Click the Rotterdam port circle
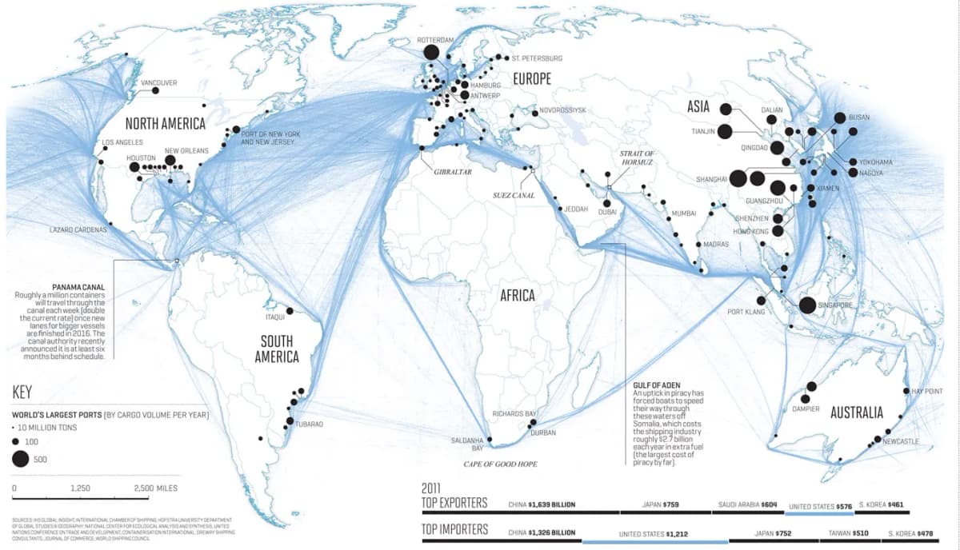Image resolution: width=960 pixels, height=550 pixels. coord(430,53)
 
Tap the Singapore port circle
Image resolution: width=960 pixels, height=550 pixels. coord(807,305)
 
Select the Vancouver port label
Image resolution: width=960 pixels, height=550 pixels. coord(158,82)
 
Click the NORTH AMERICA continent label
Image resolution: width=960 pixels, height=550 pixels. coord(166,124)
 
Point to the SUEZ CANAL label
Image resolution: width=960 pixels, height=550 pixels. coord(514,195)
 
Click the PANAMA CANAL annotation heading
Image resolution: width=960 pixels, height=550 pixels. coord(78,286)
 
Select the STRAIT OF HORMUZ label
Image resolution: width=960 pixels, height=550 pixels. coord(638,157)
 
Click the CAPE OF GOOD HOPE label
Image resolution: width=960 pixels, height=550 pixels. coord(500,464)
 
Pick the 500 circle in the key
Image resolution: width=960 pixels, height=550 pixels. coord(19,458)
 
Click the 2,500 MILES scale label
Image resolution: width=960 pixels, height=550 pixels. coord(156,488)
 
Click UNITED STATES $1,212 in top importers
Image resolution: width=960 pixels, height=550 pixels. coord(654,532)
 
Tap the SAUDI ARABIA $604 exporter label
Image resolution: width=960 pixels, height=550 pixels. coord(747,505)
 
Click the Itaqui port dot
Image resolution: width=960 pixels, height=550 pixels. coord(290,310)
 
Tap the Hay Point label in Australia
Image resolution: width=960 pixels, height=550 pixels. coord(927,391)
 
